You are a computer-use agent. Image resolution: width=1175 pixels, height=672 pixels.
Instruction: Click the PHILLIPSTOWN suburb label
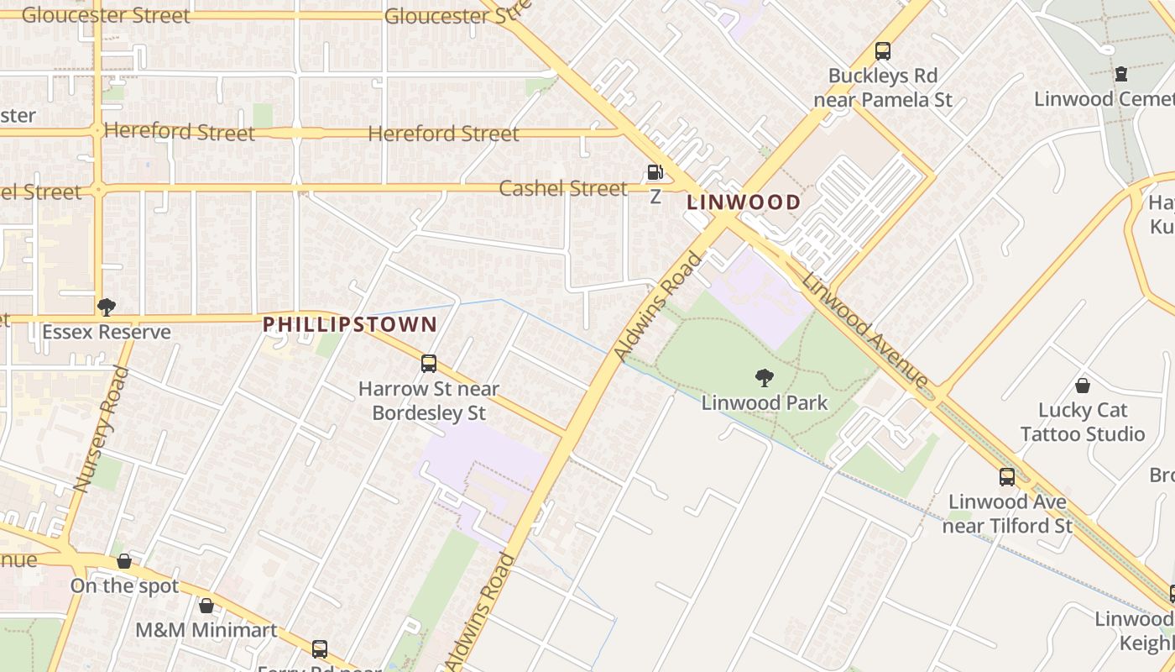point(349,324)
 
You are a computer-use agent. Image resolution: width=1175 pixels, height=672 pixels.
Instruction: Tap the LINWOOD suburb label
point(744,202)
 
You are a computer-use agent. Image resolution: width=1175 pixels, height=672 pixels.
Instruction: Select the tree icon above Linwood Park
point(764,378)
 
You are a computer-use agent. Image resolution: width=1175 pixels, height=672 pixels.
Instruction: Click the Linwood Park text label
point(764,403)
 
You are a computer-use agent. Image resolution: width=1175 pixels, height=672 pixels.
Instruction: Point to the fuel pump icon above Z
point(655,172)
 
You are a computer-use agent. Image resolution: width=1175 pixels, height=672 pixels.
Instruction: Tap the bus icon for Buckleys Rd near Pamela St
point(882,51)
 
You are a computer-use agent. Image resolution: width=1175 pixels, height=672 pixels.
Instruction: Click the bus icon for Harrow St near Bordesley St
point(428,364)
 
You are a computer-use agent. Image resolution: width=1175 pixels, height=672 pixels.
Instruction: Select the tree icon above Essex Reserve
point(106,307)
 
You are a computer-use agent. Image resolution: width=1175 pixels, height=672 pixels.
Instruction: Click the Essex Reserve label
point(106,332)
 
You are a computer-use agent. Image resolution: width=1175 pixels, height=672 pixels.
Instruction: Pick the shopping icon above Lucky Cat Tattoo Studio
point(1082,386)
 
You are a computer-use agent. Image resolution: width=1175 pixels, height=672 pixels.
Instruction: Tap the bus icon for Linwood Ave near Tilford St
point(1006,477)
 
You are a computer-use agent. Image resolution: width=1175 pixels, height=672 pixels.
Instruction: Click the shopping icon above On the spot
point(124,561)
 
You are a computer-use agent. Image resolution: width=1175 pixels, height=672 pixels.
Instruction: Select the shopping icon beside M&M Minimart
point(206,606)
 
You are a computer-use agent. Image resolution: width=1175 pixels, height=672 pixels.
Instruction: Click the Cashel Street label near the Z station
point(562,188)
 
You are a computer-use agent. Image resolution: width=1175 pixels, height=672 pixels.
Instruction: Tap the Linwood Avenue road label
point(865,332)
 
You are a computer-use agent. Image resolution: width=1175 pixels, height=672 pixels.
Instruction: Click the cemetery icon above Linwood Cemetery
point(1120,74)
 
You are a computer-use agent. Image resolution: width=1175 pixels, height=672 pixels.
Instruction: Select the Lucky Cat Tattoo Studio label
point(1081,423)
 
